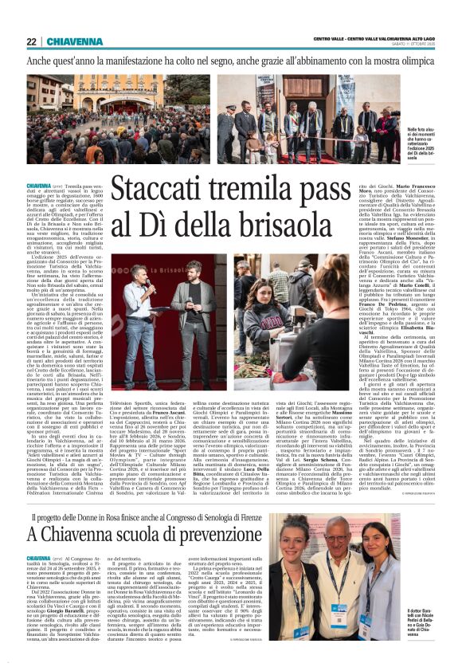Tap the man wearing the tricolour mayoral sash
pos(293,126)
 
